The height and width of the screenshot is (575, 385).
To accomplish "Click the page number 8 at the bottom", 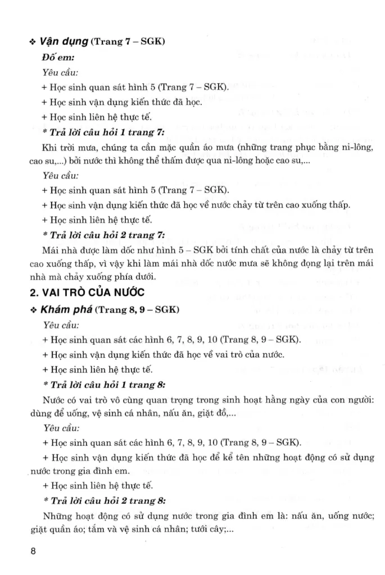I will point(33,551).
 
